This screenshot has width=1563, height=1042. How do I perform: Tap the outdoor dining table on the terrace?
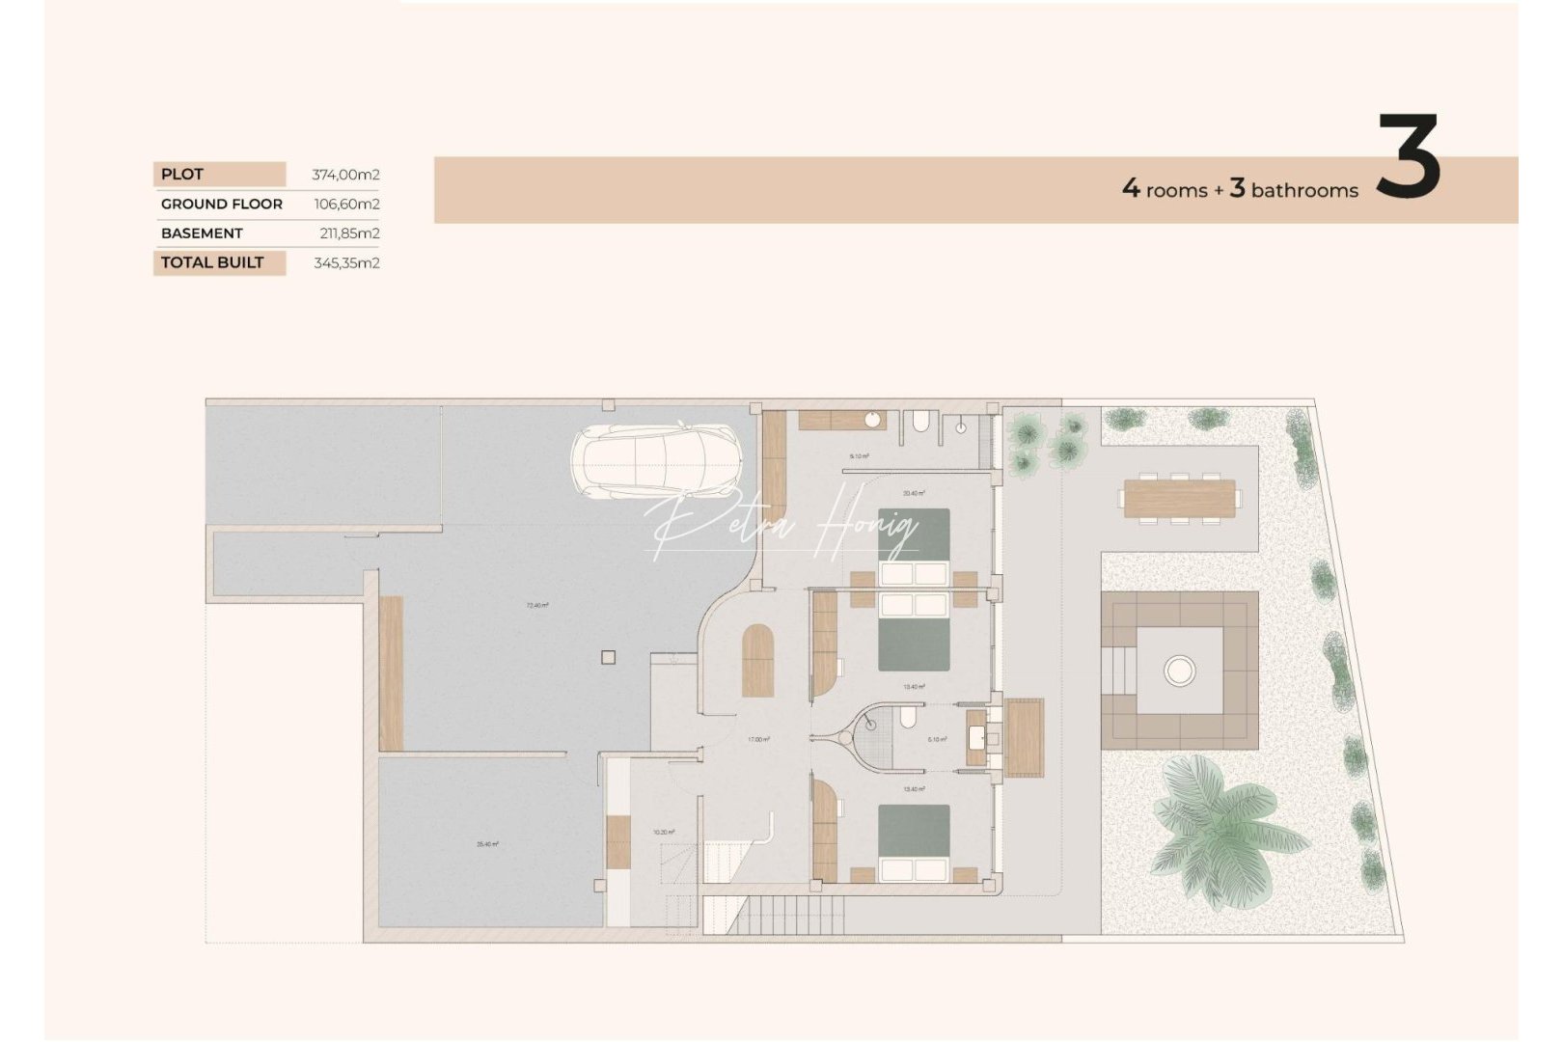[1180, 498]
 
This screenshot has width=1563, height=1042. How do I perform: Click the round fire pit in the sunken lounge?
[1179, 670]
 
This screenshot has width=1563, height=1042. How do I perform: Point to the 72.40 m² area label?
[537, 606]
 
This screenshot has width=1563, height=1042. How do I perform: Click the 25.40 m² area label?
[487, 844]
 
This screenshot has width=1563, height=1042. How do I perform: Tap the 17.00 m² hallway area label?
[758, 740]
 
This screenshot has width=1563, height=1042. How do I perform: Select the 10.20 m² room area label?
[664, 832]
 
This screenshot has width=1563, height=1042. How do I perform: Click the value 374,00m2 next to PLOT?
[345, 175]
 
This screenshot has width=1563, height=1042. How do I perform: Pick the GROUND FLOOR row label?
[222, 204]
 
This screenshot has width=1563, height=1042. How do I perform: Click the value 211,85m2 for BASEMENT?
[349, 233]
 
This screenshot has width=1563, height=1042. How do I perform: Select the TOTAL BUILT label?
[212, 262]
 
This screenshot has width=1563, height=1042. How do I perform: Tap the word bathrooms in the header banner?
[1304, 191]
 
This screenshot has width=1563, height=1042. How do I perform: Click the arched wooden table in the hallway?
[757, 660]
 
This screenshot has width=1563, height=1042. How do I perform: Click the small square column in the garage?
[607, 658]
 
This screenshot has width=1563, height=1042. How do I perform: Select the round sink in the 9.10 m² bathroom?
[871, 421]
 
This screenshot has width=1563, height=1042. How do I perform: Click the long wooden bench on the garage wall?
[391, 672]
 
